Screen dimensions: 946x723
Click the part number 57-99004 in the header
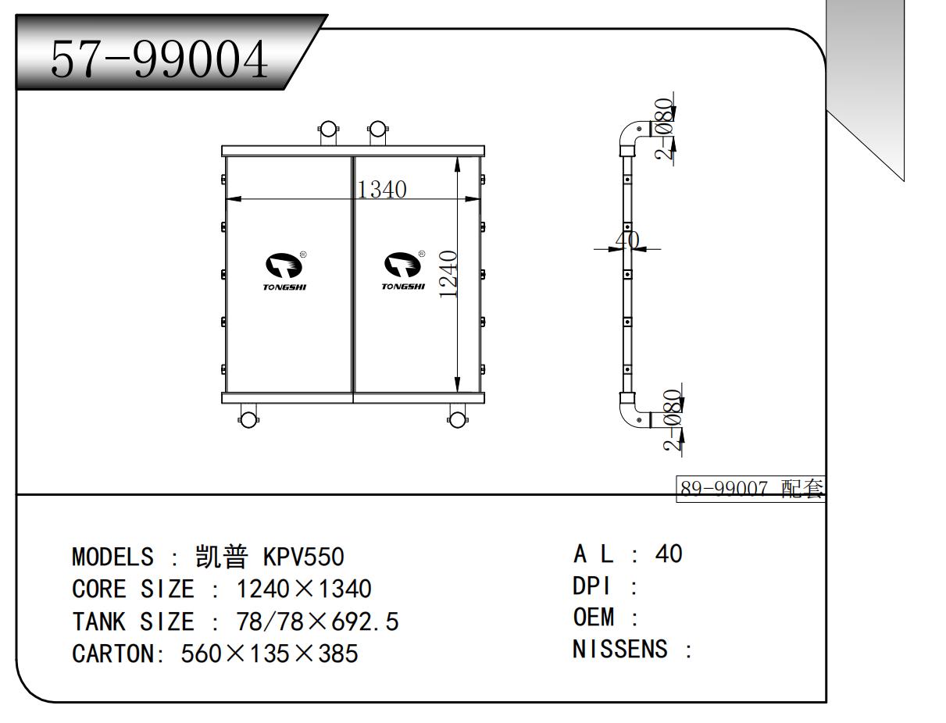pos(159,59)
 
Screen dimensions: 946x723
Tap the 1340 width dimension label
pos(382,190)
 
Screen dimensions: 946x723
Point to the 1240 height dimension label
pos(448,274)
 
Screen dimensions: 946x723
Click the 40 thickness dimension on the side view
pos(627,240)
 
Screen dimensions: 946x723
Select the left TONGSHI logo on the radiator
pos(284,271)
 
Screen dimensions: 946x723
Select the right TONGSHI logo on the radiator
pos(403,270)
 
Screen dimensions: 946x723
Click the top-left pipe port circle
pos(328,128)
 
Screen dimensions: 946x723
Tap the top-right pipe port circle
pos(377,128)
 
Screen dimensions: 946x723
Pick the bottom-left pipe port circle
pos(248,420)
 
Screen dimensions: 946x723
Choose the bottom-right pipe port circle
pos(457,420)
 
